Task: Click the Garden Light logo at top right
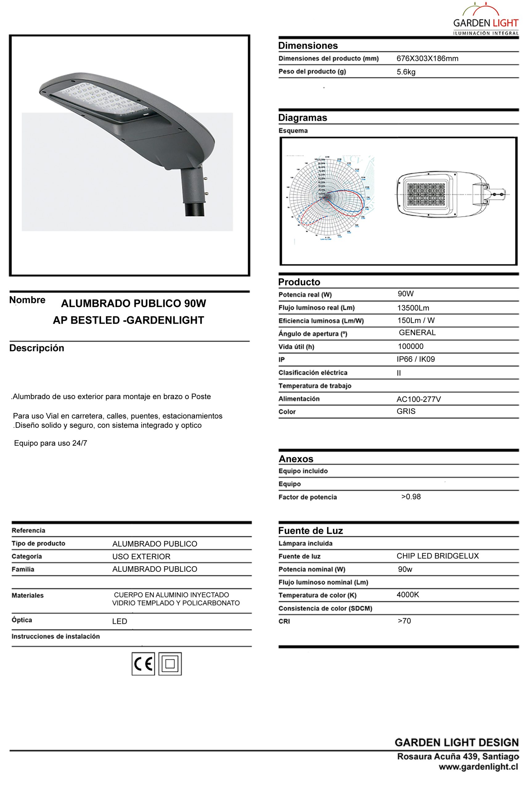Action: (x=486, y=20)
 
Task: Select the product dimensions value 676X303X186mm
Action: (x=427, y=59)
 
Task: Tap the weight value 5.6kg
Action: (x=406, y=72)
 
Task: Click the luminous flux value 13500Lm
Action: (x=413, y=308)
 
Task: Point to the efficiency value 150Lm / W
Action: (x=416, y=320)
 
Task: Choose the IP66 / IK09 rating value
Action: (x=416, y=359)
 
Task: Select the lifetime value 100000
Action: (x=411, y=346)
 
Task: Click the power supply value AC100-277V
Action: (x=418, y=399)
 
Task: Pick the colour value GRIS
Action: (x=406, y=411)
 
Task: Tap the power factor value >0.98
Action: (x=411, y=497)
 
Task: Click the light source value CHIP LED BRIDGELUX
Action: (x=437, y=556)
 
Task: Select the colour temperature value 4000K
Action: (x=408, y=595)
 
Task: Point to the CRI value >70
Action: (x=404, y=621)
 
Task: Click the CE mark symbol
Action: (x=143, y=664)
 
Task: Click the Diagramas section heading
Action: (x=303, y=118)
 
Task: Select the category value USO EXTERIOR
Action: (x=141, y=557)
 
